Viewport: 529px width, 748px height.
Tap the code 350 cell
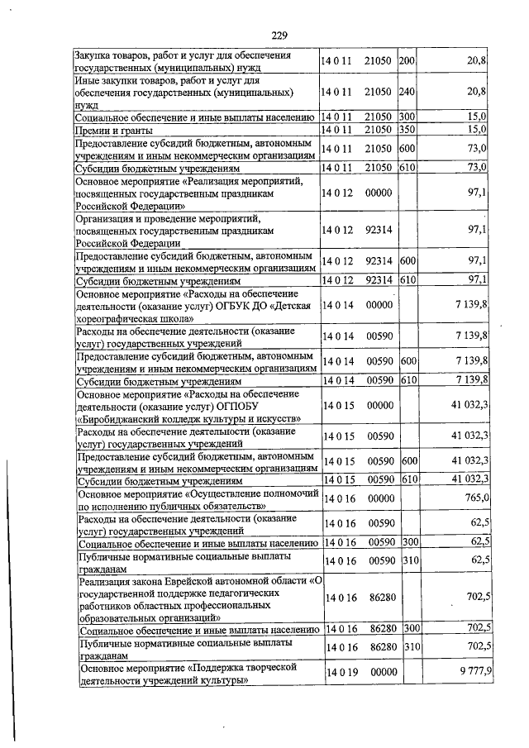[407, 130]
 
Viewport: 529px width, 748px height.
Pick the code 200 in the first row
[407, 61]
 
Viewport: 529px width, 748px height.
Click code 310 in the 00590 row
[407, 560]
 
